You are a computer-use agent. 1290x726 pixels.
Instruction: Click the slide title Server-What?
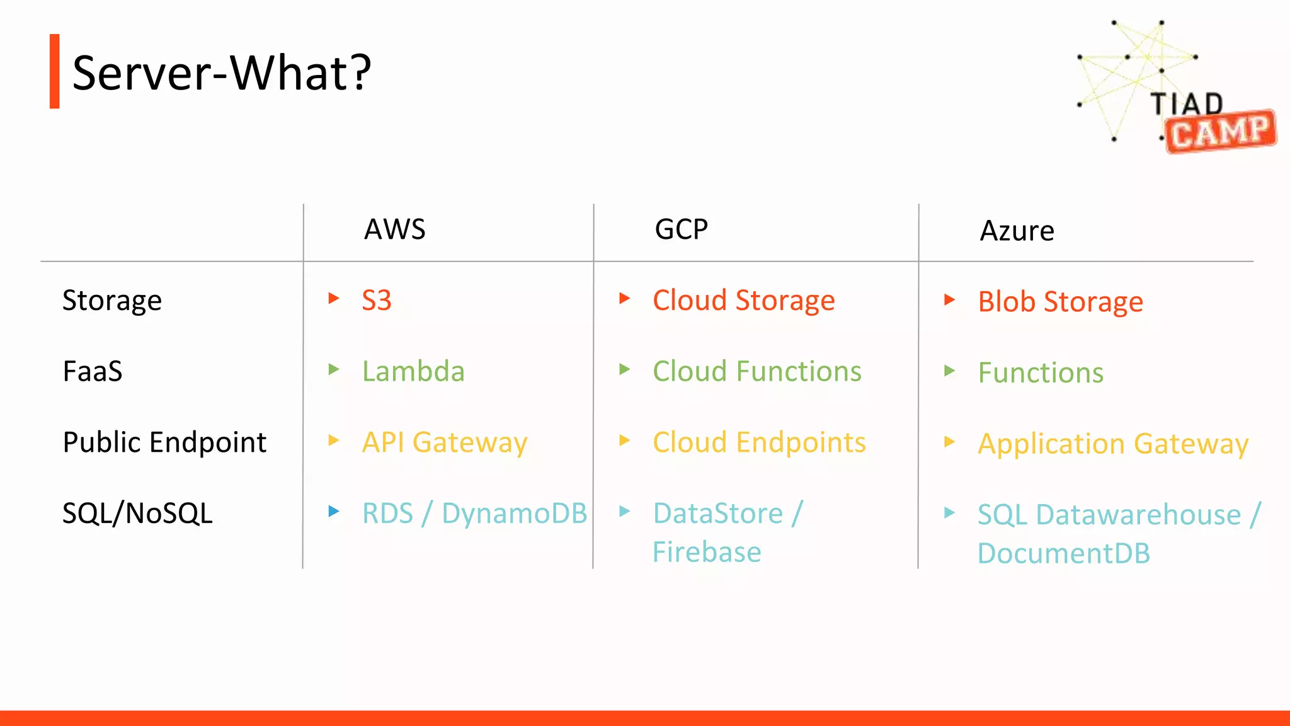[x=222, y=72]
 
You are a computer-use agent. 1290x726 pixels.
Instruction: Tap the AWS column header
[x=395, y=229]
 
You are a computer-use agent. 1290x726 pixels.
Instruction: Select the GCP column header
[x=682, y=229]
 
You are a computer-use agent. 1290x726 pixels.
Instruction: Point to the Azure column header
[x=1017, y=231]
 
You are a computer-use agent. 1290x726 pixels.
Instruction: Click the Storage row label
[x=112, y=301]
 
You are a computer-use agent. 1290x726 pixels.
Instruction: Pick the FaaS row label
[x=93, y=371]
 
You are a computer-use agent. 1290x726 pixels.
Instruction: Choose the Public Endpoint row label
[x=164, y=442]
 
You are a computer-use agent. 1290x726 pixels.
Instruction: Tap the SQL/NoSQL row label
[x=137, y=513]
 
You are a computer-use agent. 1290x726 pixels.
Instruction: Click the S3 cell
[x=377, y=301]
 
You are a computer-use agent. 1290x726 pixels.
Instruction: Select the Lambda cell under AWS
[x=413, y=371]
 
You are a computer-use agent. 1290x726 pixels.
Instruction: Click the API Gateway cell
[x=445, y=442]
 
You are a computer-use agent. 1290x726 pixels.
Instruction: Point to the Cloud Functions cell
[x=757, y=371]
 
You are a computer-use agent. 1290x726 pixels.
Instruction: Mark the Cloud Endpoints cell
[x=759, y=442]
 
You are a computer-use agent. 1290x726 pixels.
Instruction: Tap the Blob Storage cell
[x=1061, y=302]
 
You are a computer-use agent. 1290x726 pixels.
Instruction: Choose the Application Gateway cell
[x=1113, y=444]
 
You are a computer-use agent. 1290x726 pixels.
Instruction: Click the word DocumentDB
[x=1064, y=553]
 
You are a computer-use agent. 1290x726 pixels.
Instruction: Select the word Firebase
[x=707, y=552]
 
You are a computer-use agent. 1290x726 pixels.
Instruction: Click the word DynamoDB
[x=514, y=513]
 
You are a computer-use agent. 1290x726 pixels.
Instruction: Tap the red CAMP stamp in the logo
[x=1221, y=132]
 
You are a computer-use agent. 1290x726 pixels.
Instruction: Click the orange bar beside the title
[x=55, y=71]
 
